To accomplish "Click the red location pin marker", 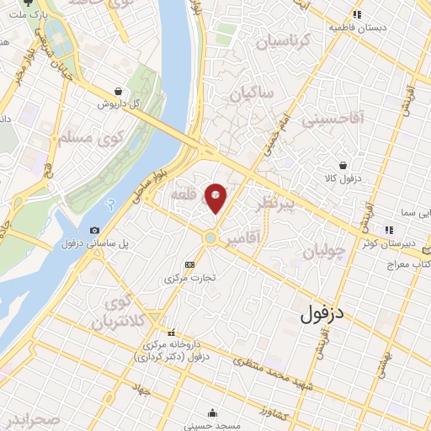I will [x=216, y=197].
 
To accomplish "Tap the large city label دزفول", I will [x=323, y=314].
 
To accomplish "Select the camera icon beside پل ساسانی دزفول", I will [x=94, y=230].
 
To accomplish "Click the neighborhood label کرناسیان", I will [x=284, y=41].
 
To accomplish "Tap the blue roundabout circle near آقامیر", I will [x=210, y=237].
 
